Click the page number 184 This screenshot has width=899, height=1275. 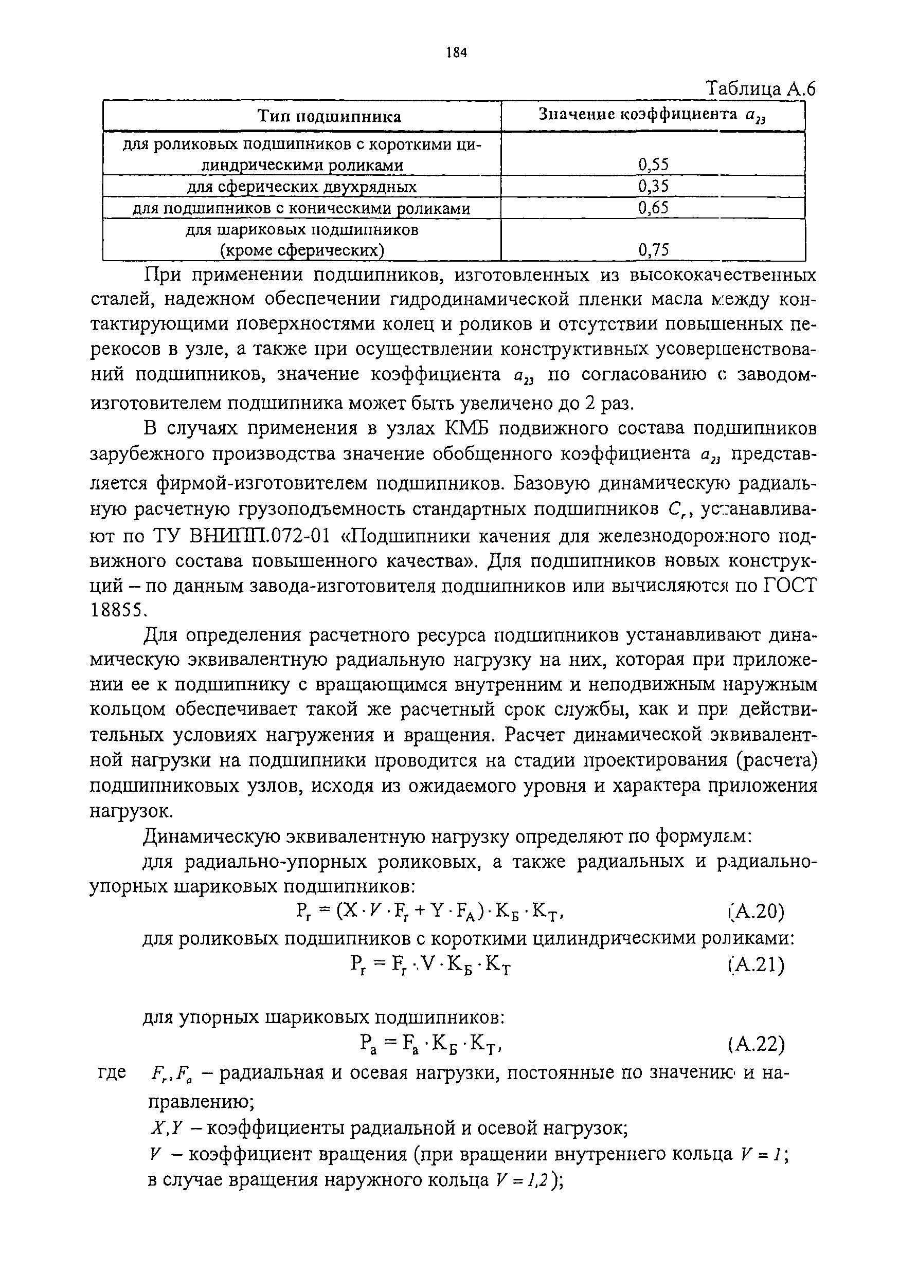point(456,53)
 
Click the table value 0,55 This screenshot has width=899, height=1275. point(653,165)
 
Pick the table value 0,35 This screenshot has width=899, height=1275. point(653,186)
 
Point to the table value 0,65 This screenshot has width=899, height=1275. point(653,208)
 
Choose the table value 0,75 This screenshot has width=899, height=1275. point(653,250)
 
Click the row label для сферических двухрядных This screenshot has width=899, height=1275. point(302,187)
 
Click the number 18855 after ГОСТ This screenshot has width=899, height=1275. point(117,610)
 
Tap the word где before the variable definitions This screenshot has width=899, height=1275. point(112,1071)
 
